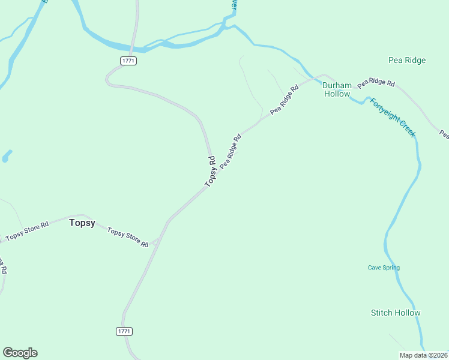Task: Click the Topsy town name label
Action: [82, 223]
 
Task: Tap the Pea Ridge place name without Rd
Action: [407, 60]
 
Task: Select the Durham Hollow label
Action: [337, 89]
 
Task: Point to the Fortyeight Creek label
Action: [392, 118]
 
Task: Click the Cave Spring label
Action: [384, 268]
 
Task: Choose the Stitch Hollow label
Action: [396, 313]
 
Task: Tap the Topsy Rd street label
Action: [210, 172]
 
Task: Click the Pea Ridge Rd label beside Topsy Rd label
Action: [231, 151]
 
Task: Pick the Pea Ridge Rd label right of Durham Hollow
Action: [376, 82]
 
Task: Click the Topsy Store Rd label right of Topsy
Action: [127, 237]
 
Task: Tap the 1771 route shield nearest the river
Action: [128, 61]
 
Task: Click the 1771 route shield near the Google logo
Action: [124, 331]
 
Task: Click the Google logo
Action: [20, 353]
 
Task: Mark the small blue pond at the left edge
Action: [6, 157]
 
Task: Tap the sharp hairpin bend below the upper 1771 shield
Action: [108, 79]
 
